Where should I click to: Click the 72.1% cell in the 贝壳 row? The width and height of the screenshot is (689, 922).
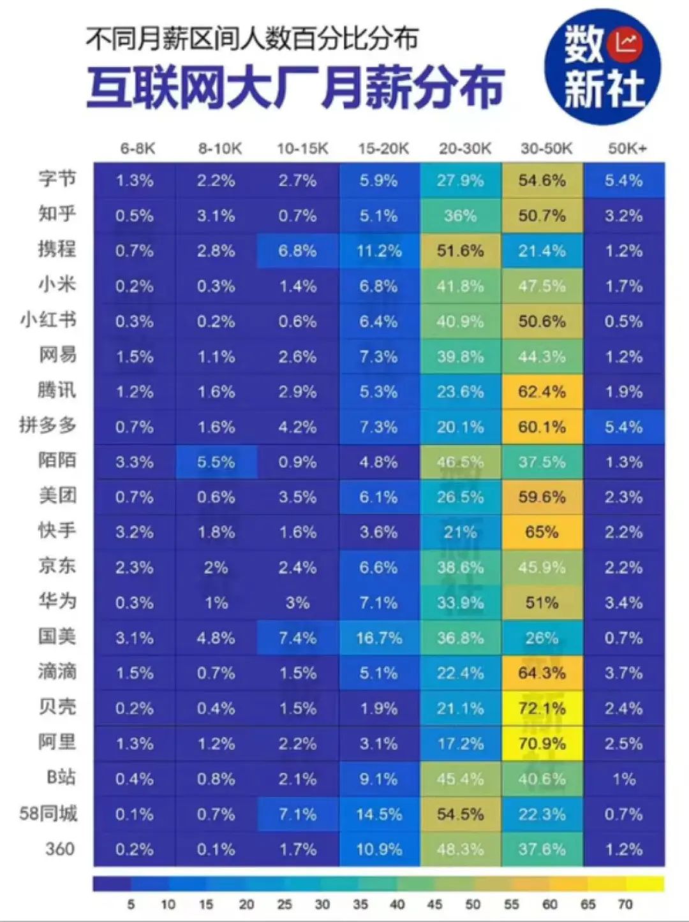coord(542,708)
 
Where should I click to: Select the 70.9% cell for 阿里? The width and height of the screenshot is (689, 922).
coord(542,743)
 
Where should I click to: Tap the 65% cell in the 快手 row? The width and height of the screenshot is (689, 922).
coord(542,532)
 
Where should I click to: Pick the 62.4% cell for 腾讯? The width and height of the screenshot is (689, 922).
coord(542,391)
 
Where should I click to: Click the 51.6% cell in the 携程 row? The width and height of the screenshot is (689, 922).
coord(460,251)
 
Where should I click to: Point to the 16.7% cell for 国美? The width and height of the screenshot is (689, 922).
coord(379,638)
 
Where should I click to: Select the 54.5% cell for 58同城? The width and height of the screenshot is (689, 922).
coord(460,814)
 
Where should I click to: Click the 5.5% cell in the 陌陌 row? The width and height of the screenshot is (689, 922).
coord(216,462)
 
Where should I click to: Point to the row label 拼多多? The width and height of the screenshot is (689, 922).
coord(48,425)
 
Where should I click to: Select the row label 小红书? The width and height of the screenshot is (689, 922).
coord(48,319)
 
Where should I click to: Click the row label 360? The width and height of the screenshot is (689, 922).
coord(60,849)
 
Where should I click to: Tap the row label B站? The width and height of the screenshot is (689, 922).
coord(61,777)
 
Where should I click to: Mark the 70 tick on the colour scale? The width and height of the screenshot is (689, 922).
coord(625,904)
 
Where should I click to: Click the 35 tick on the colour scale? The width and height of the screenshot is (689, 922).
coord(360,904)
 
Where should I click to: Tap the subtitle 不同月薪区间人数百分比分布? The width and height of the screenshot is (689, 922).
coord(252,40)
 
